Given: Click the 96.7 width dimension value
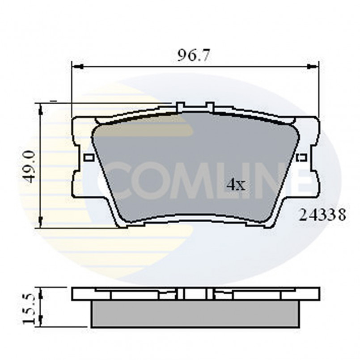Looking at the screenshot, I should click(194, 56).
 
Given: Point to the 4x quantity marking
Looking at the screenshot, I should click(236, 184).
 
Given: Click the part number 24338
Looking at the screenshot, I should click(322, 216).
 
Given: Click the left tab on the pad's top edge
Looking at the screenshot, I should click(181, 107).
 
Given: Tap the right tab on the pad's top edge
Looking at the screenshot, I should click(209, 107).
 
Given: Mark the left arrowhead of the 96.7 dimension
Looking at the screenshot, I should click(77, 67).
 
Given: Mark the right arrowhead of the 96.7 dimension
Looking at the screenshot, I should click(313, 67).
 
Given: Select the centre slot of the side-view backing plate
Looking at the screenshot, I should click(184, 294).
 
